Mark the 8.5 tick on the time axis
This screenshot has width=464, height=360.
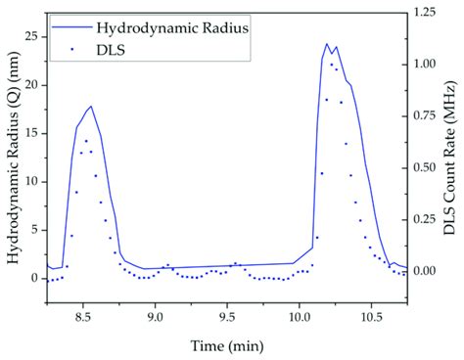pos(82,316)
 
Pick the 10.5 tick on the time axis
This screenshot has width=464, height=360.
pos(372,316)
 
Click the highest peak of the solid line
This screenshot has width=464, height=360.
pos(327,43)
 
